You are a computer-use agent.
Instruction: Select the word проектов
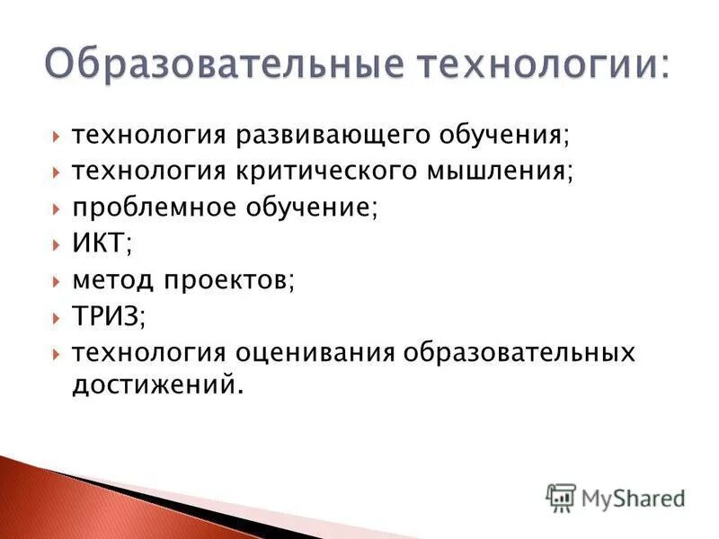tap(227, 279)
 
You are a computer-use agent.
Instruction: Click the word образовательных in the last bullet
tap(519, 351)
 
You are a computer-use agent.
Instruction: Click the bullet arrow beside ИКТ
tap(56, 243)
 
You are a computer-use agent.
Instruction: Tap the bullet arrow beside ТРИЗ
tap(56, 315)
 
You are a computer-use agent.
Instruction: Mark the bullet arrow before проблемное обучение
tap(56, 208)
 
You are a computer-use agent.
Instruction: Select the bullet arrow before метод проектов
tap(56, 279)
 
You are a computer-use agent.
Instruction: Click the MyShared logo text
tap(633, 497)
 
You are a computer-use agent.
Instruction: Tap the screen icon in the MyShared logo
tap(560, 497)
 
